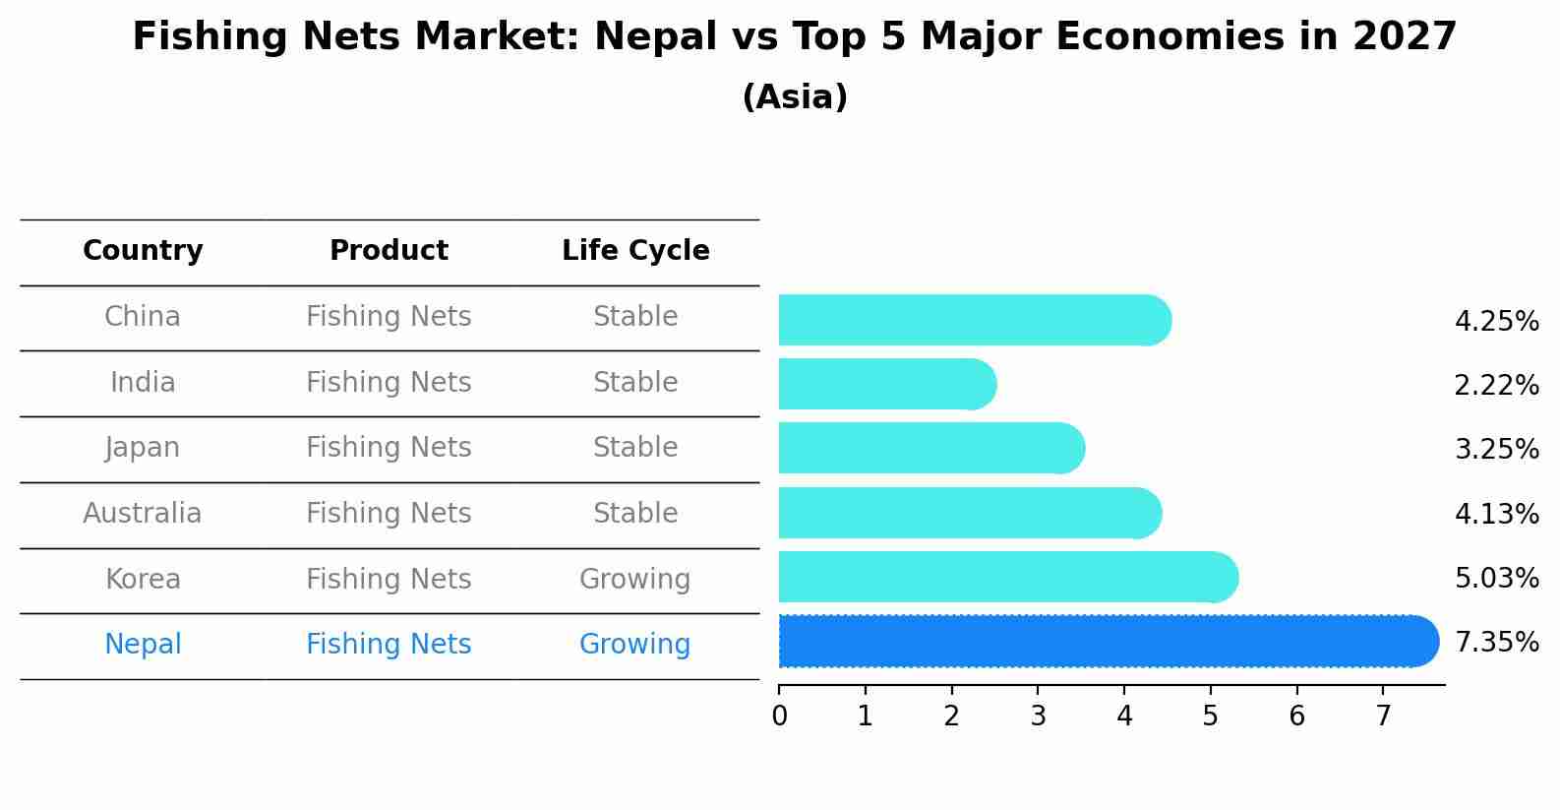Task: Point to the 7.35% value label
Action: click(x=1496, y=643)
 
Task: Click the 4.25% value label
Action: click(x=1496, y=322)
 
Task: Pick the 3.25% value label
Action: click(x=1496, y=450)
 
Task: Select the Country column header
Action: click(x=143, y=251)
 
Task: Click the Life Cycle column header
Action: click(x=635, y=251)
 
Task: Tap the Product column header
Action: click(x=389, y=251)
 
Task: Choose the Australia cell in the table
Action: click(x=143, y=514)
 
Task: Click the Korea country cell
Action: click(x=143, y=580)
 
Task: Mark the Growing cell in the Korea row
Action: click(x=634, y=580)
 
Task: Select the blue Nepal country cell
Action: click(x=143, y=645)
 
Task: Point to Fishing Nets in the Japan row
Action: click(x=389, y=448)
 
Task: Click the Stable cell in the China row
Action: click(x=635, y=317)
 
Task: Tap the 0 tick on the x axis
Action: click(x=779, y=717)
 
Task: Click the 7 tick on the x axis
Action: click(x=1383, y=717)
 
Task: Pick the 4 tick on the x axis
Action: click(x=1124, y=717)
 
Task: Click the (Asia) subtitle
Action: click(x=795, y=97)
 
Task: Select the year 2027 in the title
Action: click(x=1404, y=37)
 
